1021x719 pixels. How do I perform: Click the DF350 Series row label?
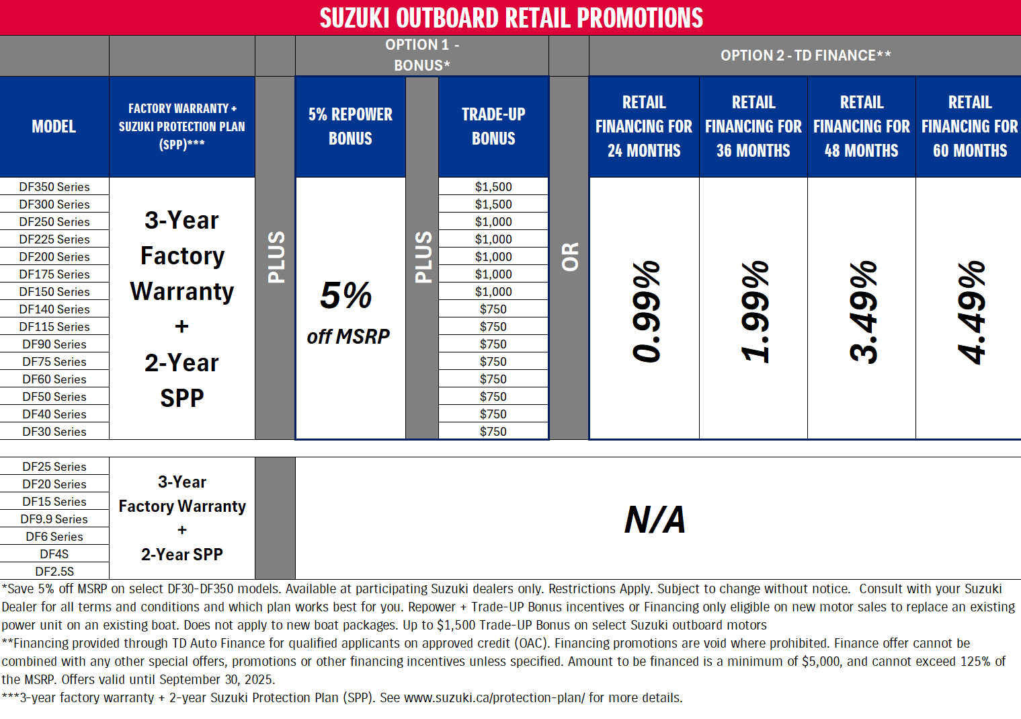[54, 187]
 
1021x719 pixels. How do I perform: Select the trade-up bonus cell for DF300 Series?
[493, 204]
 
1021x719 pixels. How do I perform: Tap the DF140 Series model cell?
[54, 309]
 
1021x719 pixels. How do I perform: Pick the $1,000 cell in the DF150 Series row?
[493, 292]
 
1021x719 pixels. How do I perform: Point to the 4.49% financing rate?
[971, 311]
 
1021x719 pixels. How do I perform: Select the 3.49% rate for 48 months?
[862, 311]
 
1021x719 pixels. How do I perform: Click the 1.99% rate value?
[754, 311]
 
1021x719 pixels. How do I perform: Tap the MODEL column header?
[54, 126]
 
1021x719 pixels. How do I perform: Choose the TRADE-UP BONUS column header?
[493, 126]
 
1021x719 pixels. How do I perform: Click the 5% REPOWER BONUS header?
[350, 126]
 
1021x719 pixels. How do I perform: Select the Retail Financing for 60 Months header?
[969, 126]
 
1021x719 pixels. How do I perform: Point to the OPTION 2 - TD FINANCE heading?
[805, 56]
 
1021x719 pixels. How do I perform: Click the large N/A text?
[655, 519]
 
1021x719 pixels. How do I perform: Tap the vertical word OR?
[570, 257]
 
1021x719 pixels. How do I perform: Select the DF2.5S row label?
[54, 572]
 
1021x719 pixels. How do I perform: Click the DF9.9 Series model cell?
[54, 519]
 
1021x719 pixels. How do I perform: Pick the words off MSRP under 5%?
[348, 336]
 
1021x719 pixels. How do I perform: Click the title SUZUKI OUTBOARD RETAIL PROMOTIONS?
[511, 18]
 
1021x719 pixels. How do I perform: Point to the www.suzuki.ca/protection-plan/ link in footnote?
[494, 698]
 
